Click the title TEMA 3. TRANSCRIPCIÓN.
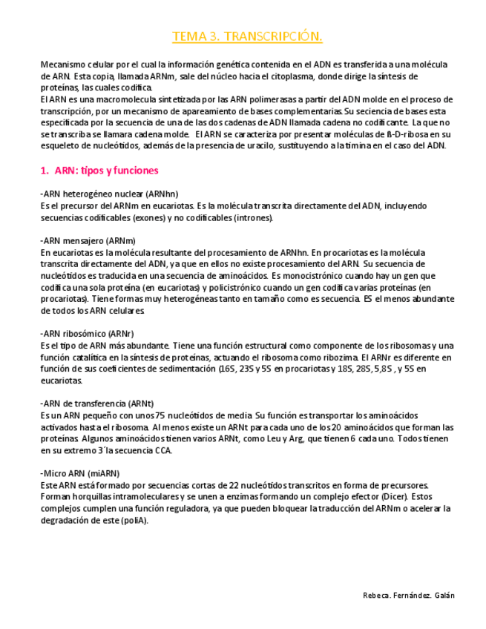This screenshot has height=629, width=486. pos(247,36)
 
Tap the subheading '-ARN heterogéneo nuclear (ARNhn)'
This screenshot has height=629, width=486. pos(109,194)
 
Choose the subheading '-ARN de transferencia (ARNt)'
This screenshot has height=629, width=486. pos(97,403)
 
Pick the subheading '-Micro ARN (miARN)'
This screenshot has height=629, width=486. pos(79,473)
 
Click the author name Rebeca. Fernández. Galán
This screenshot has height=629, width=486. pos(409,595)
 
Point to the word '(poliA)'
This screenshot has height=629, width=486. pos(134,520)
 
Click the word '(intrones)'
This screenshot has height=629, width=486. pos(254,217)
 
